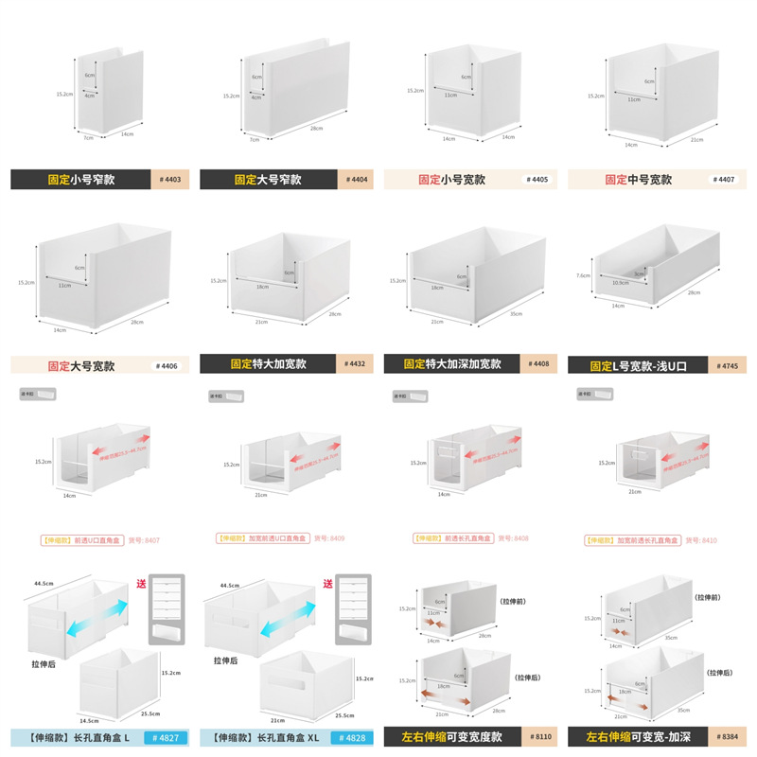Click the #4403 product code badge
170,179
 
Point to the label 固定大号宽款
81,364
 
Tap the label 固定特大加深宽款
452,363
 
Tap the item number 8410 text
702,539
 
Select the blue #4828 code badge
349,737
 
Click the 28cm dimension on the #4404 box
313,129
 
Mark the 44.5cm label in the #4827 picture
43,584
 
